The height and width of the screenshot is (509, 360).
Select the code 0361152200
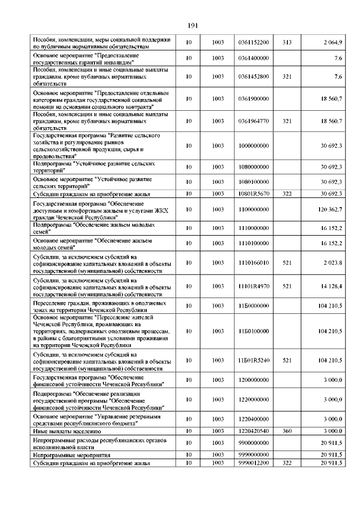[253, 43]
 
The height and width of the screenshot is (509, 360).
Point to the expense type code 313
[287, 43]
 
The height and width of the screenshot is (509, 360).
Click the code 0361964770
[253, 121]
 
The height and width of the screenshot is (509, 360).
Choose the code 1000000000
[253, 146]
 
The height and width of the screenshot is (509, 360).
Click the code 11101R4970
[253, 286]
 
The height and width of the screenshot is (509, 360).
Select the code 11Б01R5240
[253, 360]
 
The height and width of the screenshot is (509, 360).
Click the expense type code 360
[287, 431]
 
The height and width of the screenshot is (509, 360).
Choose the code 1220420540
[253, 431]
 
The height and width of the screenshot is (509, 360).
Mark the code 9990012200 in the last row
[253, 462]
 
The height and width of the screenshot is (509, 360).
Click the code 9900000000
[253, 443]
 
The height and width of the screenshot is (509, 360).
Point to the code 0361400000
[253, 58]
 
